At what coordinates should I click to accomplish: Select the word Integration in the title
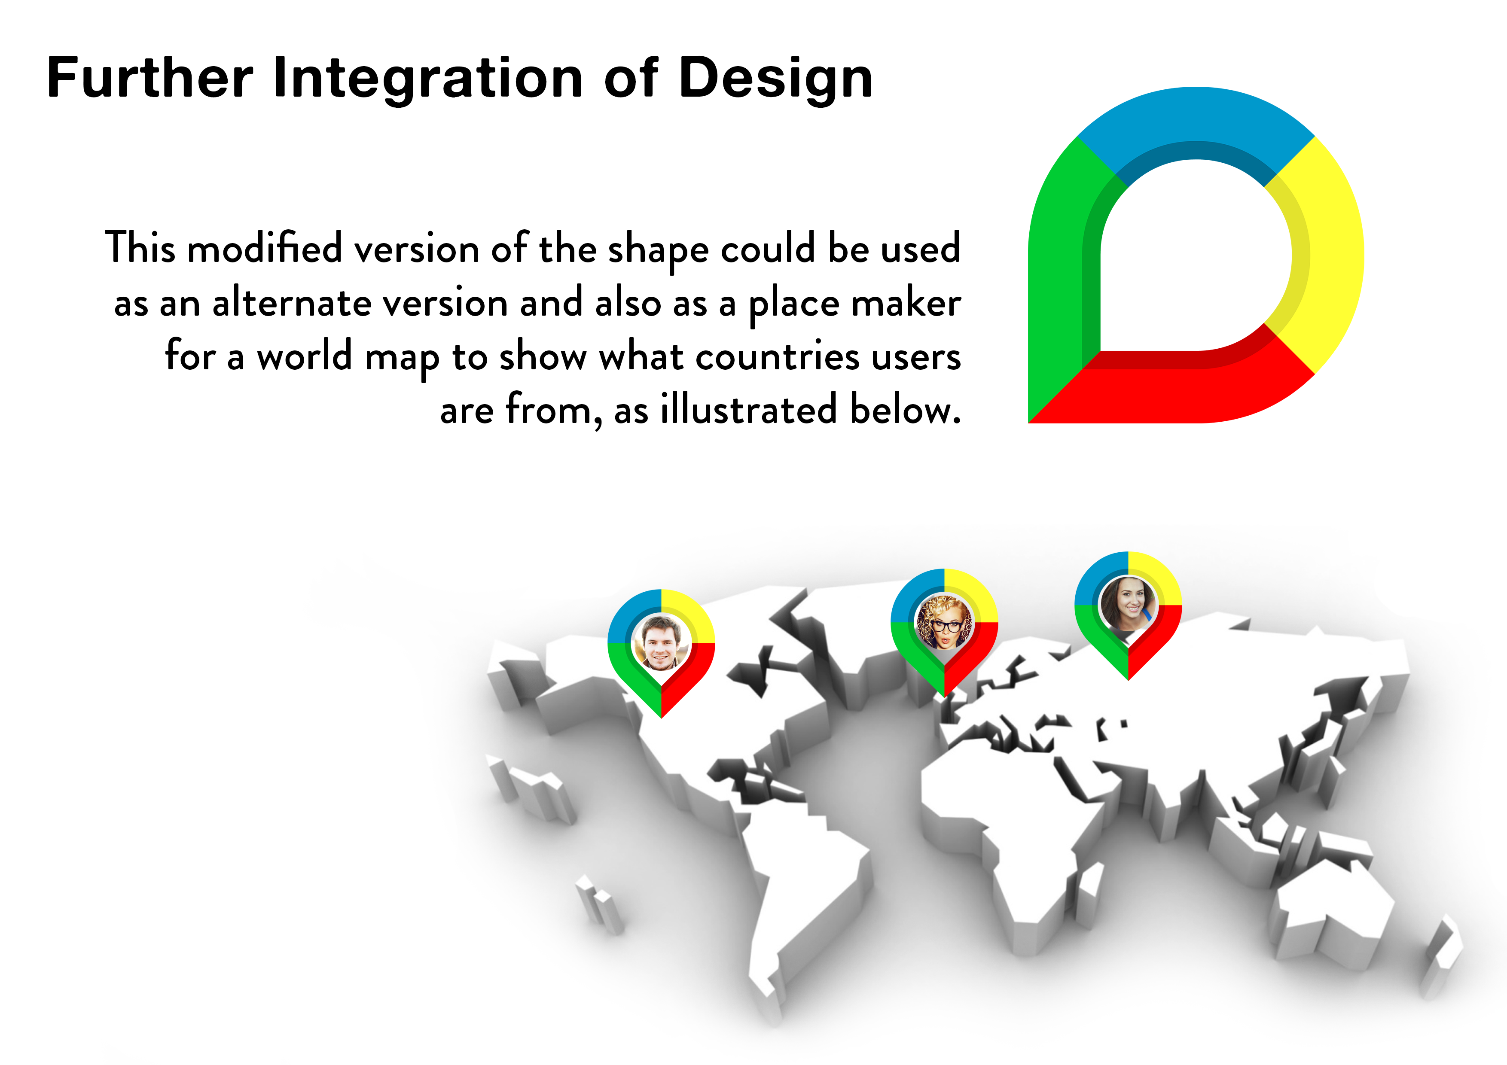pyautogui.click(x=427, y=79)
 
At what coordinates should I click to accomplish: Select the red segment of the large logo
pyautogui.click(x=1181, y=387)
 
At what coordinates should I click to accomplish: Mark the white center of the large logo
pyautogui.click(x=1196, y=256)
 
